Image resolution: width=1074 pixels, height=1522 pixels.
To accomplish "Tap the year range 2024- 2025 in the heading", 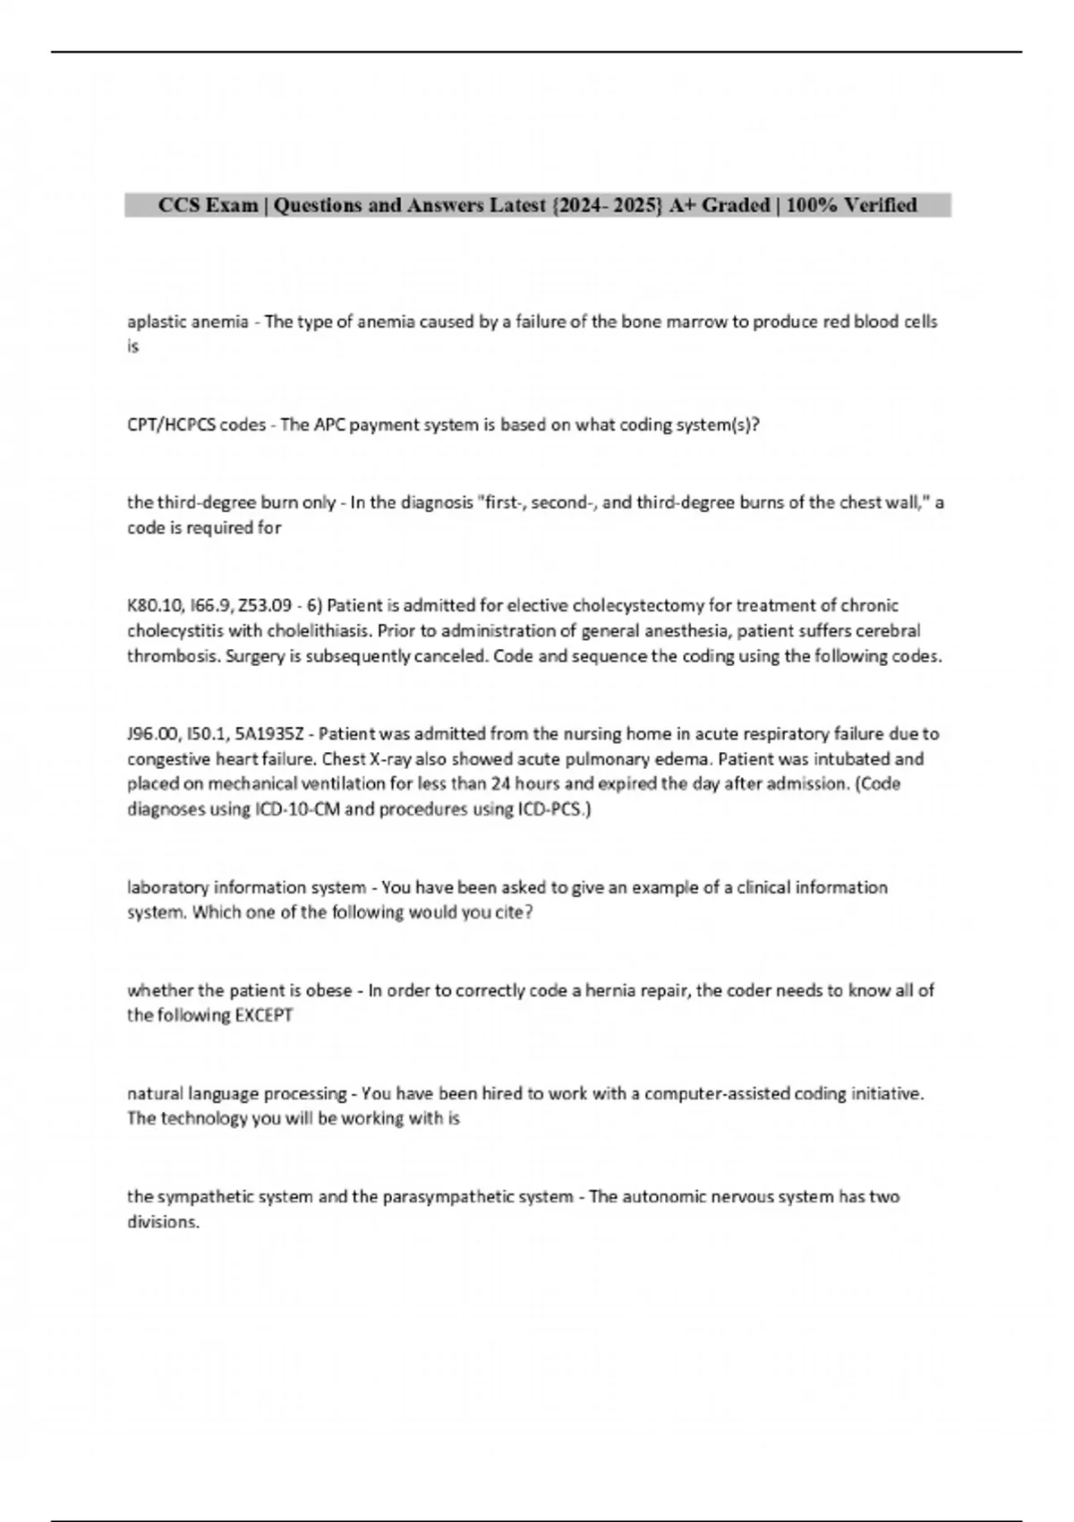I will pyautogui.click(x=608, y=206).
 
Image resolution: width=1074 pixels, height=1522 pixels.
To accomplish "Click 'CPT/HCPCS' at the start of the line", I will pyautogui.click(x=171, y=425).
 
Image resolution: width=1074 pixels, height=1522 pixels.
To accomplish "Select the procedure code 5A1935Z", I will pyautogui.click(x=268, y=734).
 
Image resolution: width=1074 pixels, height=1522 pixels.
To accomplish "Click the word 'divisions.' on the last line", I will pyautogui.click(x=163, y=1222).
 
